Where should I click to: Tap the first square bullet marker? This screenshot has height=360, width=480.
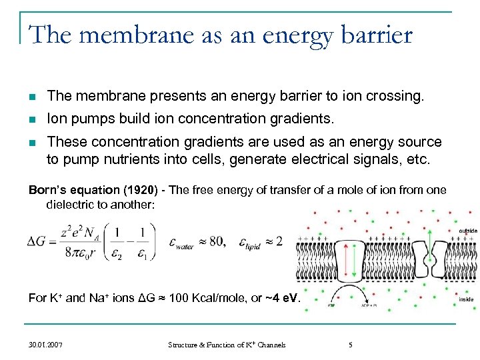32,97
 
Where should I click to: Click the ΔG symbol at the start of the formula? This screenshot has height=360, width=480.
39,241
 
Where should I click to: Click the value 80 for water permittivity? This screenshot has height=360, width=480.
221,241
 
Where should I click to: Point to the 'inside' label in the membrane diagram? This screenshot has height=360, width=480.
467,299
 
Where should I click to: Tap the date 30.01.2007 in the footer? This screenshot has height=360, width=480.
46,345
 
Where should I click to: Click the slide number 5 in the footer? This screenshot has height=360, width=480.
350,345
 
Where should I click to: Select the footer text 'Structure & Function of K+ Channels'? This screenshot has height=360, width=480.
227,345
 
